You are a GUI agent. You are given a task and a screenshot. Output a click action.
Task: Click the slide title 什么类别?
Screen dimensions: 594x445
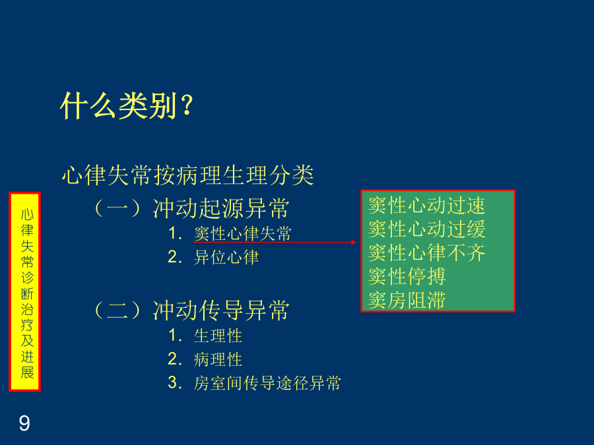click(127, 105)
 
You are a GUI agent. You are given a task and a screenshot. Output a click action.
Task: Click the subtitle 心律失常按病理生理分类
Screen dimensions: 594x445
click(188, 175)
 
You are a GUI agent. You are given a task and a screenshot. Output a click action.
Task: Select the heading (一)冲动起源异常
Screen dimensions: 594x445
click(191, 208)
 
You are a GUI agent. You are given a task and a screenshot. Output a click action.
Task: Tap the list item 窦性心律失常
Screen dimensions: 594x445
click(242, 233)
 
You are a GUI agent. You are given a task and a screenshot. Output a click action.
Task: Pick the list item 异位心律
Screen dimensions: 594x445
click(226, 258)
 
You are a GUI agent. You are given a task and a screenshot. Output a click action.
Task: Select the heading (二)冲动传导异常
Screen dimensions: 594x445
click(191, 311)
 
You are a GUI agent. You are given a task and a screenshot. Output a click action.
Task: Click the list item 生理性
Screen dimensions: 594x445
click(218, 336)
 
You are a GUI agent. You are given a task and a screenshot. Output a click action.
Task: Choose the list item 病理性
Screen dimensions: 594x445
click(218, 359)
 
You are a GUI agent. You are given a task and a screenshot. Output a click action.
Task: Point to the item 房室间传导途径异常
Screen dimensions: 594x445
click(267, 383)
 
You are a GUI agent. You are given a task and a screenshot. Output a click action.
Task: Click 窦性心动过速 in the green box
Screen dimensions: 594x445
click(426, 206)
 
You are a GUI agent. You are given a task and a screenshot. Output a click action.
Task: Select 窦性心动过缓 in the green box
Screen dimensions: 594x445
click(426, 229)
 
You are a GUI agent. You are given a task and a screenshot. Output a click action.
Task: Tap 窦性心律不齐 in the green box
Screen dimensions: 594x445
click(426, 252)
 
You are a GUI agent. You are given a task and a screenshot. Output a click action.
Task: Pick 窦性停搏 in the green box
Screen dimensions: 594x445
click(407, 277)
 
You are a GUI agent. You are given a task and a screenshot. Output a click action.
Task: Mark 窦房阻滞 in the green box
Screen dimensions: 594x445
click(407, 301)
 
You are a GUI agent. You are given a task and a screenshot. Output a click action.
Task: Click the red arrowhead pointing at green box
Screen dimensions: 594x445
click(354, 242)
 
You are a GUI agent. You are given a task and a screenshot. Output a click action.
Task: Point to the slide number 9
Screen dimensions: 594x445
click(24, 423)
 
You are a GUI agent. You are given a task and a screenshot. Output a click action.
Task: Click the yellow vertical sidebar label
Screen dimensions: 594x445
click(24, 292)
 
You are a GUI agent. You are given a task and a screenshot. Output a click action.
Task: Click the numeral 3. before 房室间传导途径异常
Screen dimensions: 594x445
click(175, 382)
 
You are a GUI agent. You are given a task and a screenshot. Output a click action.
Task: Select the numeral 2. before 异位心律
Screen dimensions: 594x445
click(175, 257)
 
